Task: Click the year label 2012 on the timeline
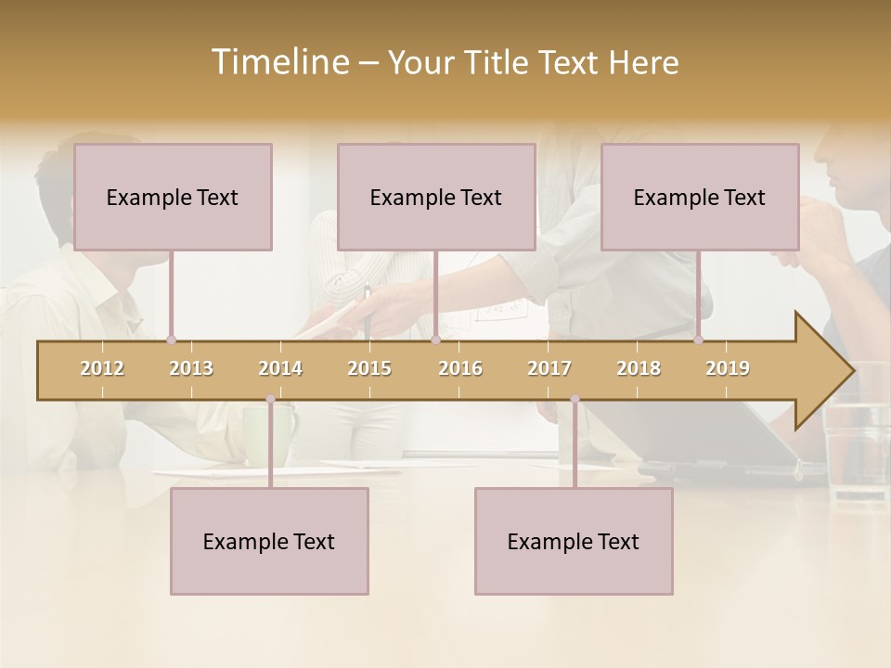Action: tap(102, 368)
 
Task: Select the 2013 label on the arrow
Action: tap(191, 368)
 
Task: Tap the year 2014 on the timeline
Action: tap(280, 368)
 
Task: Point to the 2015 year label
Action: tap(369, 368)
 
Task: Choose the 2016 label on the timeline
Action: tap(460, 368)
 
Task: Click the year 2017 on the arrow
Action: tap(549, 368)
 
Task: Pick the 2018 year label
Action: tap(639, 368)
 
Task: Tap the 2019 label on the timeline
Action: tap(728, 368)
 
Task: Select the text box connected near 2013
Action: tap(173, 197)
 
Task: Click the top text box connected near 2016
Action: tap(436, 197)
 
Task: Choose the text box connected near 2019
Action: tap(700, 197)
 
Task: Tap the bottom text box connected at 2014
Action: tap(269, 541)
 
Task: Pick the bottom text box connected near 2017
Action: tap(574, 541)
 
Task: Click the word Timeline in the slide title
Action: tap(279, 62)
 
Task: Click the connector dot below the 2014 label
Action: tap(270, 399)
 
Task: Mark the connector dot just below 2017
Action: tap(575, 399)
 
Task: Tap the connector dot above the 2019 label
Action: tap(698, 340)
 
